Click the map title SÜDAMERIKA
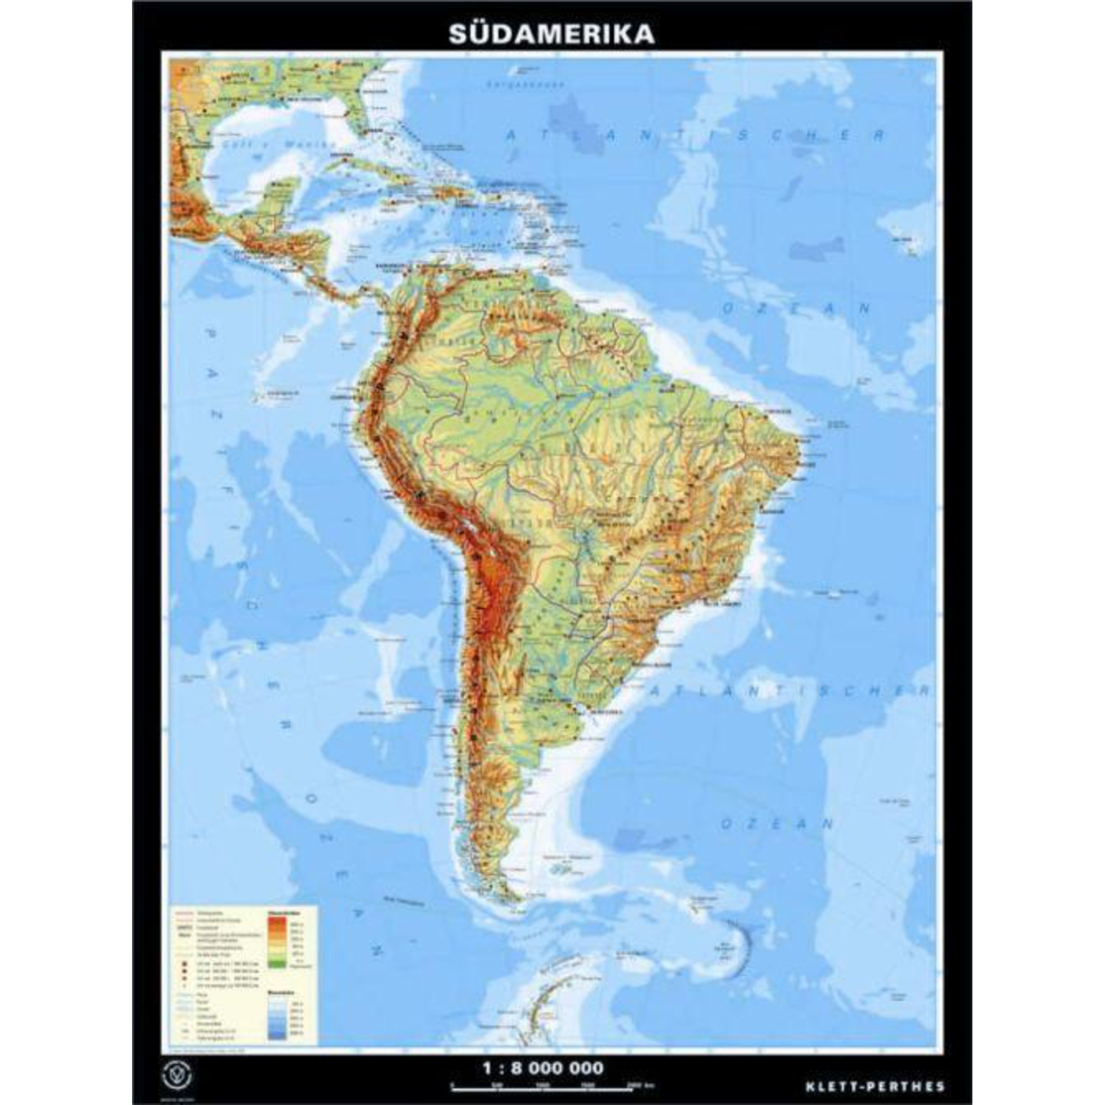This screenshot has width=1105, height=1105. (x=551, y=34)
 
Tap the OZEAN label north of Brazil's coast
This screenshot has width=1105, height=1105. (x=796, y=309)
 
